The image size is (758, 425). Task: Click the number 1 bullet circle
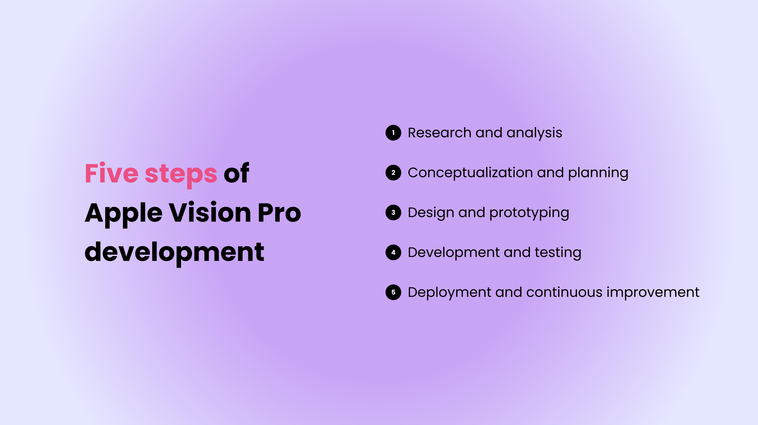(393, 133)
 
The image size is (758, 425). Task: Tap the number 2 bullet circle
(393, 173)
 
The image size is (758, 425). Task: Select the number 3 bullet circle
(393, 212)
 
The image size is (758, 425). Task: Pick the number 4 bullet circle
(393, 252)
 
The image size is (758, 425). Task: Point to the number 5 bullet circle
(393, 292)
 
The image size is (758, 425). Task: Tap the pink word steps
(181, 174)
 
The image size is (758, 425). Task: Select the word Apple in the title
(124, 213)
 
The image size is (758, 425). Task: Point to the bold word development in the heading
(174, 252)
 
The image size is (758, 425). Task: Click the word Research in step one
(439, 133)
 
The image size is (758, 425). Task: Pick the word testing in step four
(558, 253)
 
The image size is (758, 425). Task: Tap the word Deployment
(449, 293)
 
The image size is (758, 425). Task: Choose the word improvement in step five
(653, 293)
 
